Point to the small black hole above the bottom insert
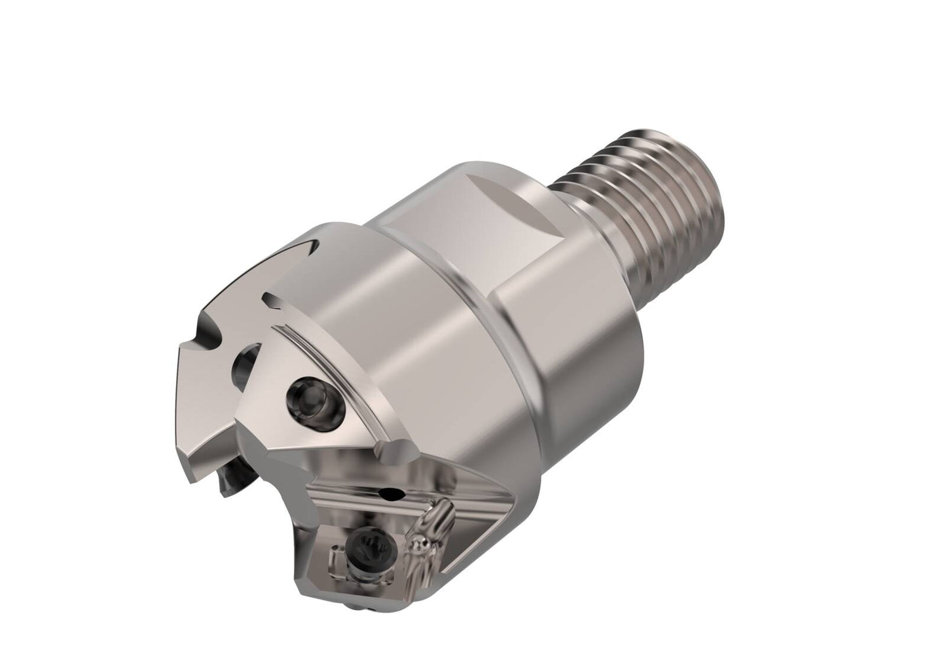[393, 492]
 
